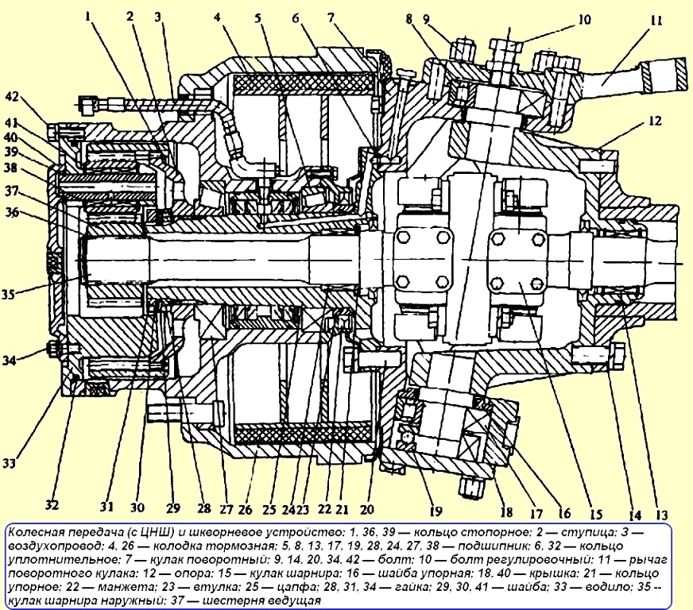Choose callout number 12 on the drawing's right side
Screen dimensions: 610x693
coord(655,121)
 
